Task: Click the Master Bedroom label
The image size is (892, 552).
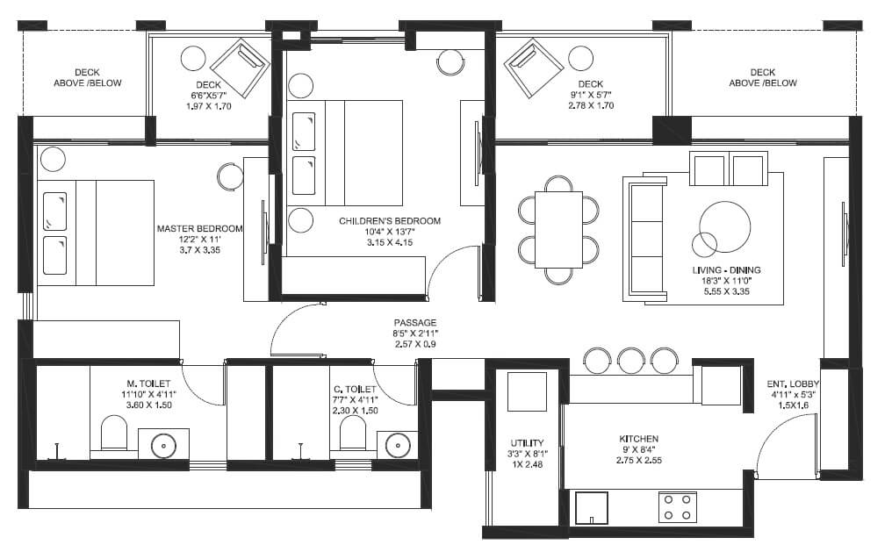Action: pyautogui.click(x=199, y=228)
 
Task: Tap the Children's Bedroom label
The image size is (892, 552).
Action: pyautogui.click(x=390, y=220)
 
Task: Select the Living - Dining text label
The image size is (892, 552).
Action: pyautogui.click(x=726, y=270)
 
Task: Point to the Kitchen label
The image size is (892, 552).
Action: pyautogui.click(x=639, y=439)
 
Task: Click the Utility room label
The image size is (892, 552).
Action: pyautogui.click(x=527, y=443)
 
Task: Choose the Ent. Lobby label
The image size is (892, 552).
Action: pyautogui.click(x=793, y=384)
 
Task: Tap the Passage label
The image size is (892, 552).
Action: pyautogui.click(x=415, y=322)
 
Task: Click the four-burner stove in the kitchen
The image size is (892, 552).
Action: pyautogui.click(x=678, y=507)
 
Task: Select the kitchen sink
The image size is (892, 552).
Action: pyautogui.click(x=592, y=507)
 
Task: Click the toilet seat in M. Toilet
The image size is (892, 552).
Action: pyautogui.click(x=114, y=433)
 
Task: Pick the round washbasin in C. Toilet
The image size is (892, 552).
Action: pyautogui.click(x=398, y=444)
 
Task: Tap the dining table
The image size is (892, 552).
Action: pyautogui.click(x=558, y=230)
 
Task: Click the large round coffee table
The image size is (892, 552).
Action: pyautogui.click(x=725, y=226)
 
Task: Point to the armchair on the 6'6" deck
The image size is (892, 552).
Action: pyautogui.click(x=241, y=68)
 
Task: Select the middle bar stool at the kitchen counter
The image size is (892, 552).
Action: pyautogui.click(x=631, y=361)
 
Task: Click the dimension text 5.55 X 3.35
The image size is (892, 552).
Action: pyautogui.click(x=726, y=291)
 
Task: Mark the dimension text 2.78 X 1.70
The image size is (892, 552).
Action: pyautogui.click(x=591, y=105)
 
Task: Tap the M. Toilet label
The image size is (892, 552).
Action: pyautogui.click(x=148, y=384)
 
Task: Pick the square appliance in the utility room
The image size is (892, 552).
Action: pyautogui.click(x=527, y=391)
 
